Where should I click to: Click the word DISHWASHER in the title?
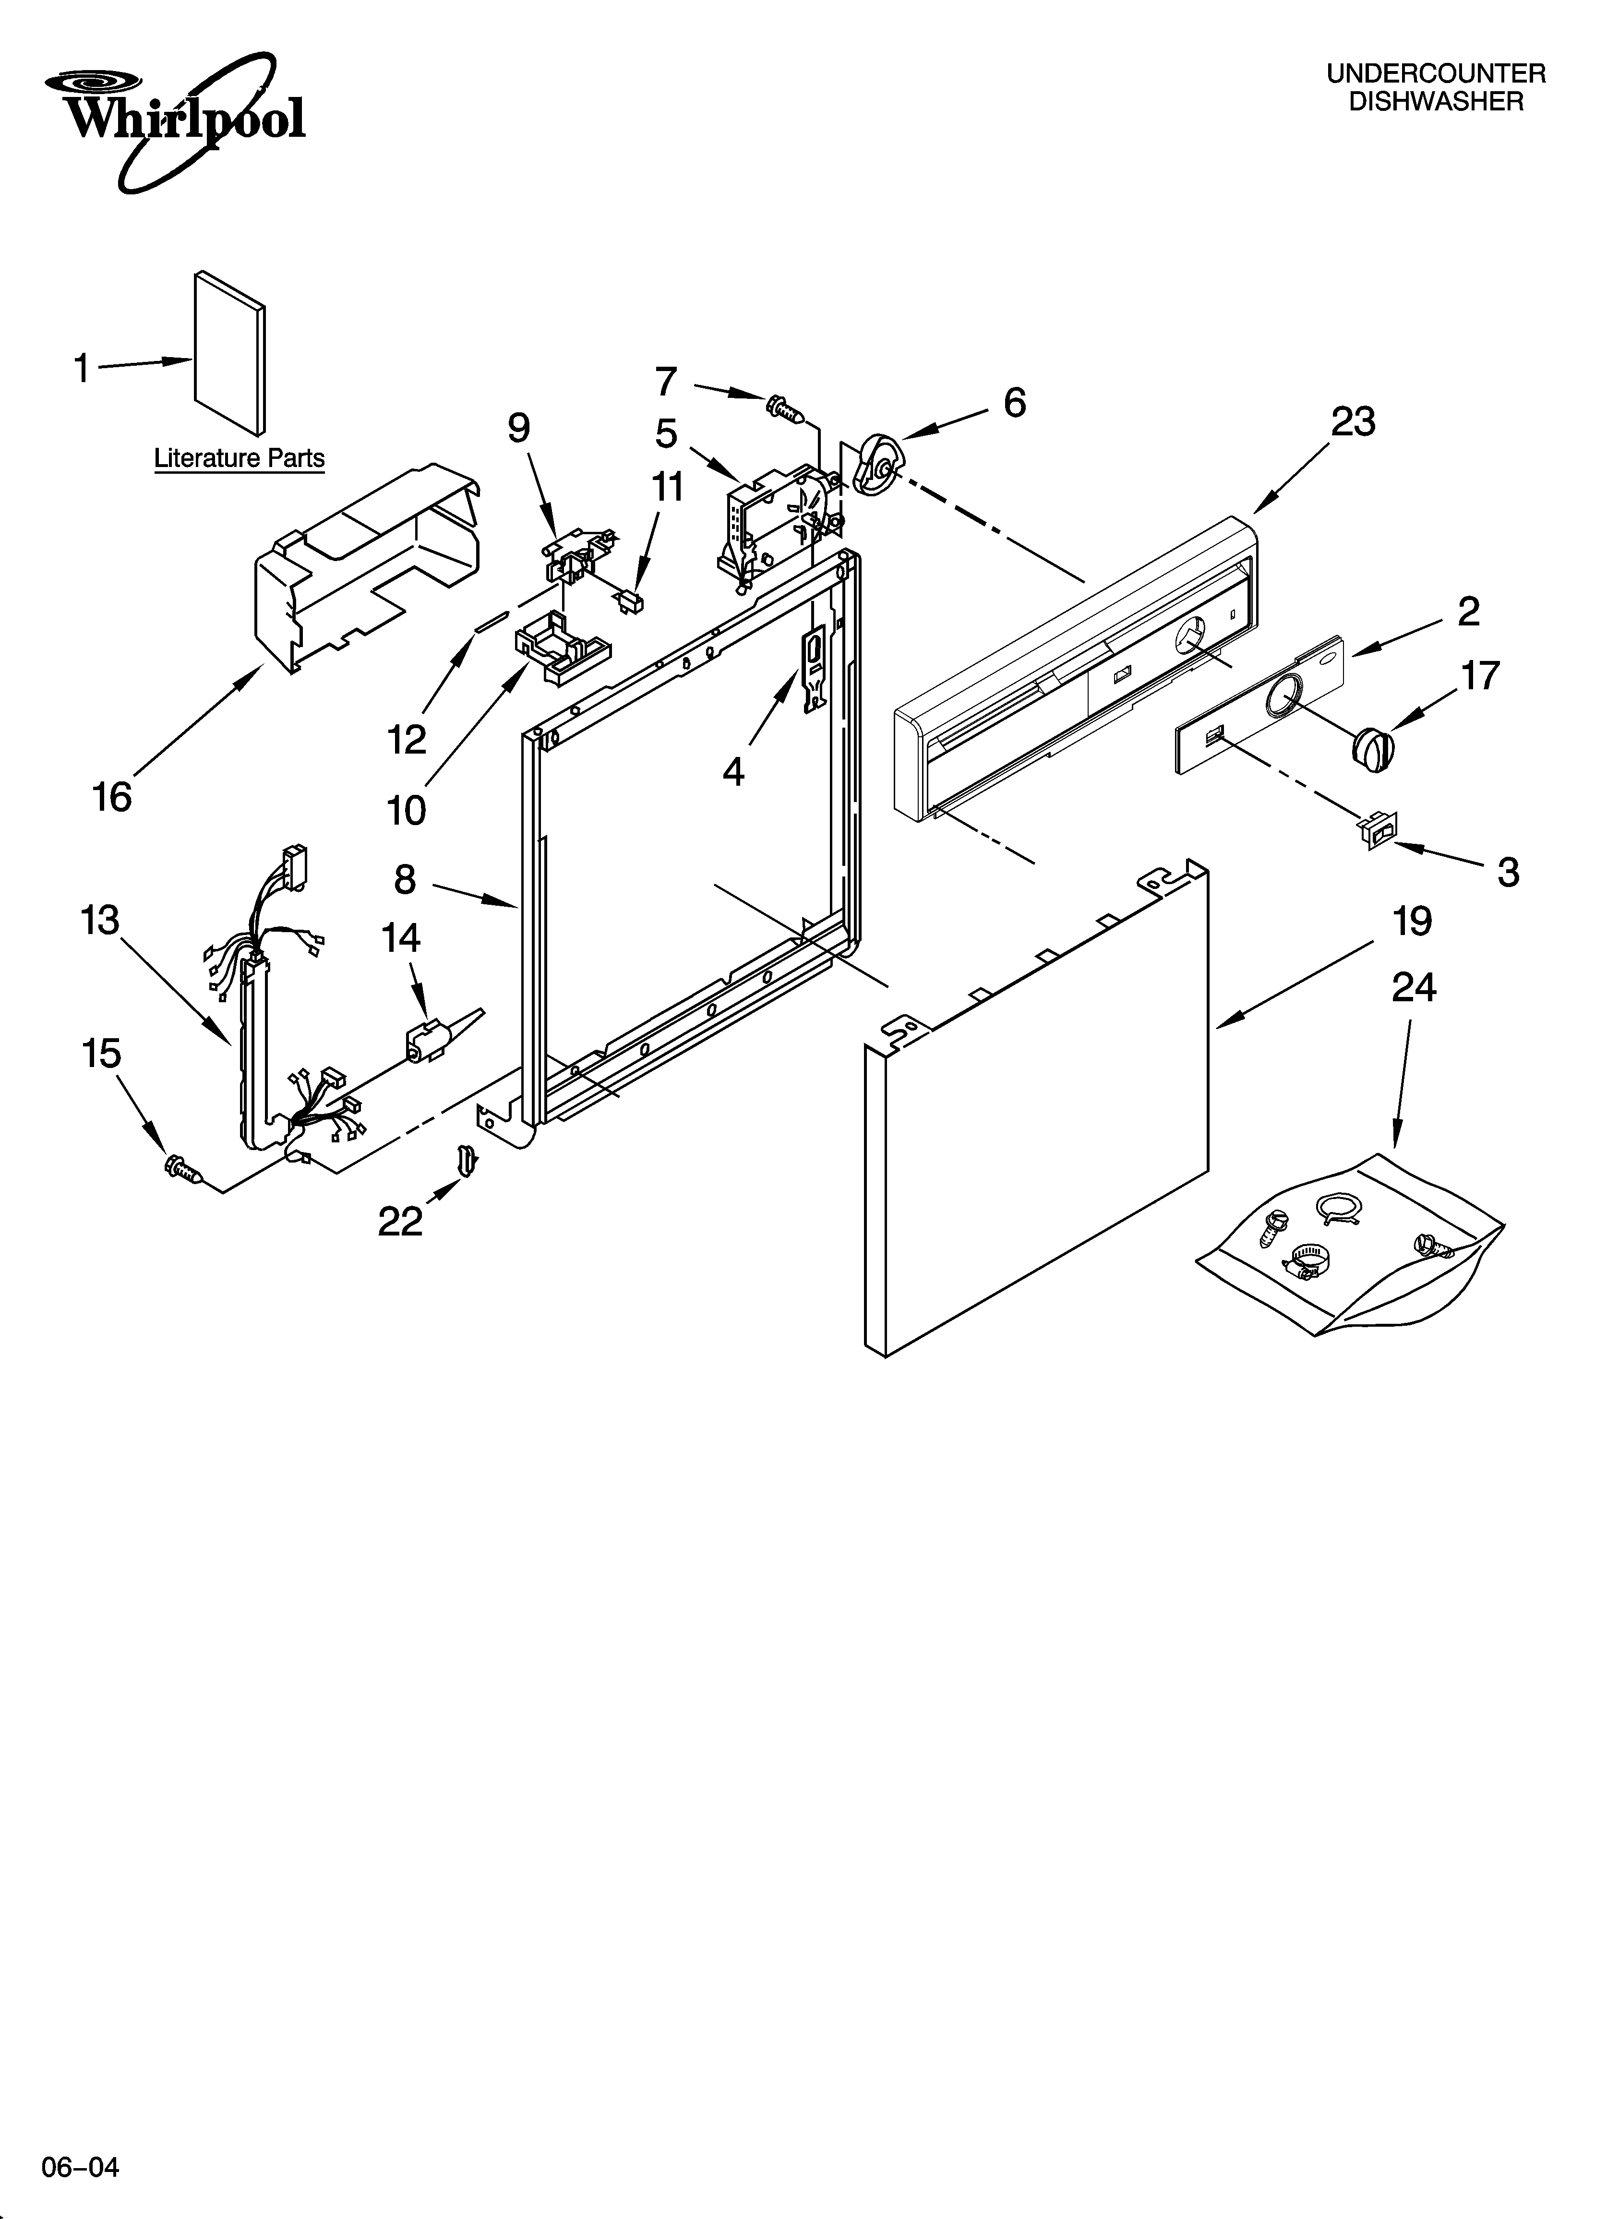click(x=1436, y=102)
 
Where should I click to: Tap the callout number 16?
click(x=111, y=797)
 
